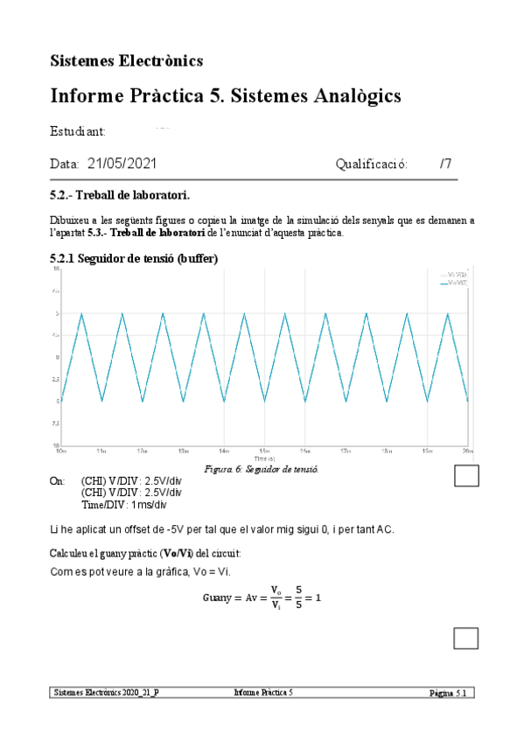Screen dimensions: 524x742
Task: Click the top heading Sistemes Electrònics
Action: pyautogui.click(x=127, y=60)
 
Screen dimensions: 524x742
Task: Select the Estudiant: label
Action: pyautogui.click(x=79, y=131)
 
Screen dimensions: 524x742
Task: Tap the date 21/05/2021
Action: pyautogui.click(x=122, y=164)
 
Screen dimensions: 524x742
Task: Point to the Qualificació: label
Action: pyautogui.click(x=372, y=164)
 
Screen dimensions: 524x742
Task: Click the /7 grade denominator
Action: pyautogui.click(x=446, y=164)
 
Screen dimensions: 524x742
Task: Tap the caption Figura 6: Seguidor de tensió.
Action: pyautogui.click(x=261, y=469)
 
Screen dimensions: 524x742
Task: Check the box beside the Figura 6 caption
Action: pyautogui.click(x=467, y=475)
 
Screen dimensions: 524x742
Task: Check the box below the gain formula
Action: pyautogui.click(x=467, y=638)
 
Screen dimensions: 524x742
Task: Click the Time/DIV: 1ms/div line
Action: pyautogui.click(x=123, y=505)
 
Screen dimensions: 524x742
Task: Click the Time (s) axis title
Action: pyautogui.click(x=264, y=458)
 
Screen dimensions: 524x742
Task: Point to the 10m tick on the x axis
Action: pyautogui.click(x=61, y=451)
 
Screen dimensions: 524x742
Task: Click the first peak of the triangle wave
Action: pyautogui.click(x=82, y=313)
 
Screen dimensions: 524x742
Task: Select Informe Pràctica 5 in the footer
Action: pyautogui.click(x=263, y=692)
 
